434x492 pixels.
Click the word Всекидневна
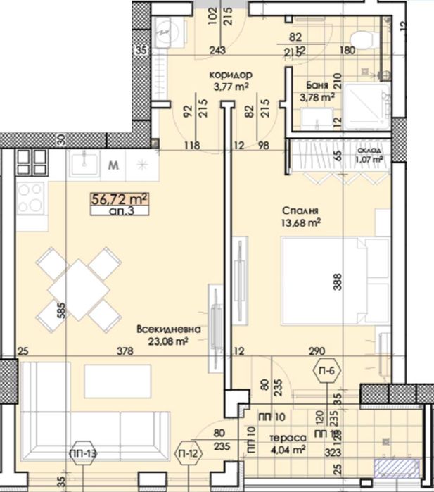click(170, 329)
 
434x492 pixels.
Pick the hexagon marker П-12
click(188, 453)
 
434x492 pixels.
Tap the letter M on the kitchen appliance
click(113, 166)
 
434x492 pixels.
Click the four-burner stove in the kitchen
click(31, 198)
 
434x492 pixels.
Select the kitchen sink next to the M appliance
click(85, 163)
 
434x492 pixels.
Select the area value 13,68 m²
click(302, 223)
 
